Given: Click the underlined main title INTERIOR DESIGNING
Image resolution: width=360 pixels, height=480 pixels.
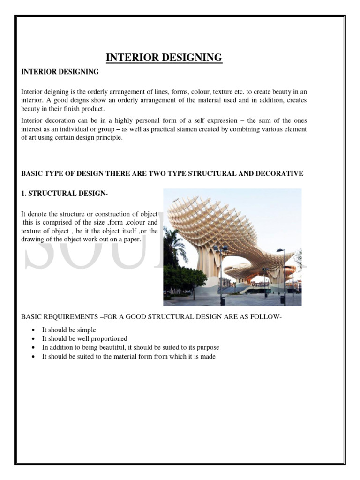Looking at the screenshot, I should [x=164, y=58].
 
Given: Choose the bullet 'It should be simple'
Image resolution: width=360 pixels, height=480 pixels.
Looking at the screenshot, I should [x=68, y=330].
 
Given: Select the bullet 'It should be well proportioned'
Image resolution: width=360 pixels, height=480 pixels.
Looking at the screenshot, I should [x=84, y=338].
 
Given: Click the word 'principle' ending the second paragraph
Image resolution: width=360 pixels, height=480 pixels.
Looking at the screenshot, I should [x=109, y=137].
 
